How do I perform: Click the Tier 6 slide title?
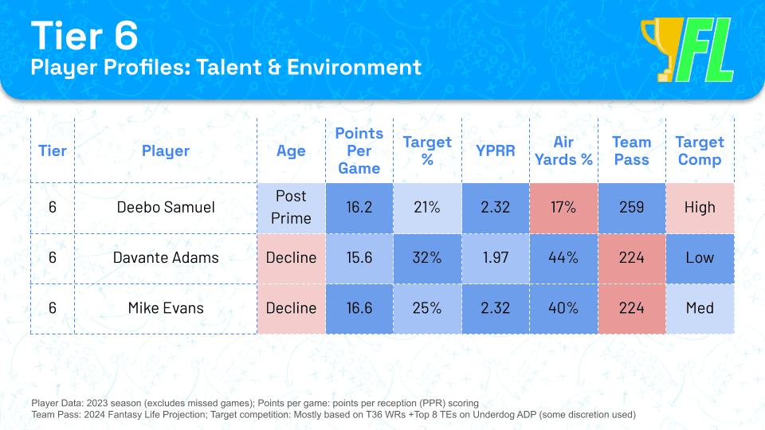point(84,37)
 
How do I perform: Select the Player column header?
point(166,150)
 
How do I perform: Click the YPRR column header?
point(495,150)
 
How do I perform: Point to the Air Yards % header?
point(563,150)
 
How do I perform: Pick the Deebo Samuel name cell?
point(166,207)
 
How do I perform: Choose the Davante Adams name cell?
point(166,257)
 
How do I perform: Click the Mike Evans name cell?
point(166,308)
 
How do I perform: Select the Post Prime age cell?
point(291,207)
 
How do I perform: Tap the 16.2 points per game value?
point(359,207)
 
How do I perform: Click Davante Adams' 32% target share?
point(427,257)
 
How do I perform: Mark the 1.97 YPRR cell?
point(495,257)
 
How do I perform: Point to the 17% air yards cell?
point(563,207)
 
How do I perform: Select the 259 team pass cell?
point(631,207)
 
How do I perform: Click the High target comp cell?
point(700,207)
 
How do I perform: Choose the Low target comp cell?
point(700,257)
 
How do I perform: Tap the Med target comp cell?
point(700,308)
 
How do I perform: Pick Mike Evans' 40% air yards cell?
point(563,308)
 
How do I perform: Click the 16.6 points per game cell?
point(359,308)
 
